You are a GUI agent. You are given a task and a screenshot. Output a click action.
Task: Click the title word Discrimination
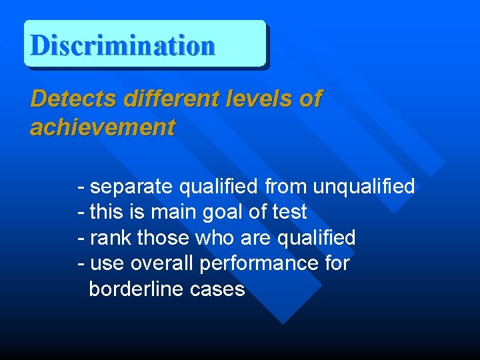[123, 45]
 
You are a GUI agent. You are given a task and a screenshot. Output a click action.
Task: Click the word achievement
[103, 127]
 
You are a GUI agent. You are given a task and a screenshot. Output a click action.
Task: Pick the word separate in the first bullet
[128, 187]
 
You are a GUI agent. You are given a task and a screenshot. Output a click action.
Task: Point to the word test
[290, 213]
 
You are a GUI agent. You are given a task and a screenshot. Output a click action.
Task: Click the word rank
[107, 238]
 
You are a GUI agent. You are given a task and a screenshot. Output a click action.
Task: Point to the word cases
[217, 289]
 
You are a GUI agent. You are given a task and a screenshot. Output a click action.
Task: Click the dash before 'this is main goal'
[81, 213]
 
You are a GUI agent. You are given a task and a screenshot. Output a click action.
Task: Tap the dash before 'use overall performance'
[81, 263]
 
